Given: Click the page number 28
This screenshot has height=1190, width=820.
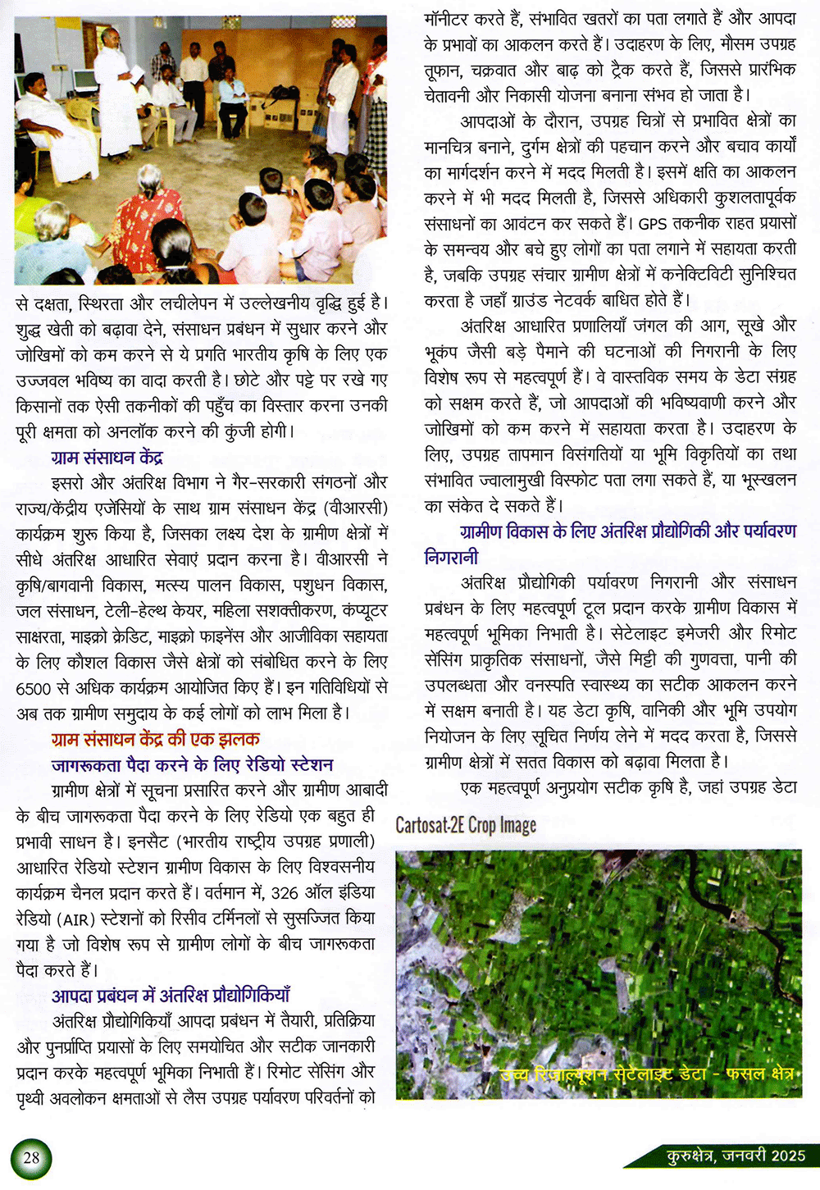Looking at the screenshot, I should pos(31,1157).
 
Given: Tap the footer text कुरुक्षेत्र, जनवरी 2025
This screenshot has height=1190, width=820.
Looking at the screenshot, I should pos(736,1156).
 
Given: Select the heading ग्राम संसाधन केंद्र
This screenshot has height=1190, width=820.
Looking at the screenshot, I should pos(107,457).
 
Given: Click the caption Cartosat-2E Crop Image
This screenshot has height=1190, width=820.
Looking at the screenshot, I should pos(466,825).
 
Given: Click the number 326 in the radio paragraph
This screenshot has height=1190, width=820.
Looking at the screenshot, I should pos(285,892).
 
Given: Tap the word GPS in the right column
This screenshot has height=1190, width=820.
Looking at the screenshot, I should pos(653,223).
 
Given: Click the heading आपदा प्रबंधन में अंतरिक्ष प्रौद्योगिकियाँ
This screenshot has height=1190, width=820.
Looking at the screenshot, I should pos(171,996).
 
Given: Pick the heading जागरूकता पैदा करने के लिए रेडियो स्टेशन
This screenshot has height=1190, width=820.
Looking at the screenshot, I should pos(192,765).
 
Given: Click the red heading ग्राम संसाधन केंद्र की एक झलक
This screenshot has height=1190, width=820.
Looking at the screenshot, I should pos(155,739).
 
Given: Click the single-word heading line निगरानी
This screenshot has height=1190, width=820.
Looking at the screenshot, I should pos(451,558).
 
